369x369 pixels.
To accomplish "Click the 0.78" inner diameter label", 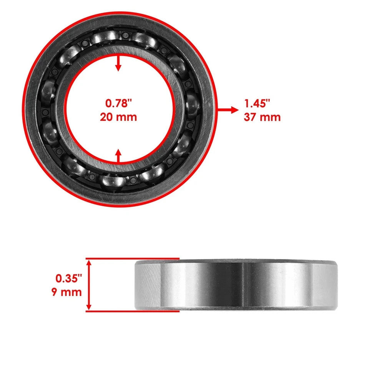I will [x=118, y=103].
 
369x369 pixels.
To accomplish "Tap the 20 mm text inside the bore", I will [x=118, y=117].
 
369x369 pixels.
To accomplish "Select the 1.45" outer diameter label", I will [x=257, y=103].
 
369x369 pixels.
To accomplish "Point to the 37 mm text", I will [x=262, y=117].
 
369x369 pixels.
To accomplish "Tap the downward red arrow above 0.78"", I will [x=118, y=63].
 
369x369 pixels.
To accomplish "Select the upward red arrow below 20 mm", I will [x=118, y=156].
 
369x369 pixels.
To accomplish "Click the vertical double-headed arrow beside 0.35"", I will [x=89, y=285].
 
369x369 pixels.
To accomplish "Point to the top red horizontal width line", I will [x=133, y=259].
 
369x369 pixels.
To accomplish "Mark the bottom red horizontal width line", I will [x=133, y=311].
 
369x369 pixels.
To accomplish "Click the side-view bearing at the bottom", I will [x=236, y=285].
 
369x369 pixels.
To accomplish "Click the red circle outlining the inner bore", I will [x=64, y=110].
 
